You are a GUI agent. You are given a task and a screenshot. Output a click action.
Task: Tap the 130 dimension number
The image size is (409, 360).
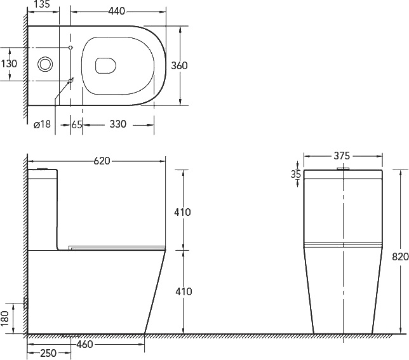(x=10, y=63)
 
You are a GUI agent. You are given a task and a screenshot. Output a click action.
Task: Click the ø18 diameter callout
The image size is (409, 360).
(x=42, y=124)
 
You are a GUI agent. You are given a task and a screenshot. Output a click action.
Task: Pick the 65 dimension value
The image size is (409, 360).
(x=76, y=124)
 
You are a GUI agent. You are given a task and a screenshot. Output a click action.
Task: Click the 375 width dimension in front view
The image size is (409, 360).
(x=343, y=156)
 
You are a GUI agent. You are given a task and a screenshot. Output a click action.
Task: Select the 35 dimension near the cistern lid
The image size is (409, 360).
(x=295, y=174)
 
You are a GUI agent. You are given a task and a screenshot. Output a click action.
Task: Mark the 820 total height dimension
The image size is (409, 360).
(x=400, y=257)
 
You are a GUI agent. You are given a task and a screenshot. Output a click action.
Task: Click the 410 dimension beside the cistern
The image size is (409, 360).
(x=182, y=212)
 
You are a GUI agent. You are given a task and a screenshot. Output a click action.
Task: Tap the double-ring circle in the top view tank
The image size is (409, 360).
(x=46, y=64)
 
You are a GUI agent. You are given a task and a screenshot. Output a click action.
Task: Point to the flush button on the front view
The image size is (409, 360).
(x=343, y=168)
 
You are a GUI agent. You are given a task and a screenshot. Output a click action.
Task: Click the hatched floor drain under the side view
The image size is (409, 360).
(x=70, y=335)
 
